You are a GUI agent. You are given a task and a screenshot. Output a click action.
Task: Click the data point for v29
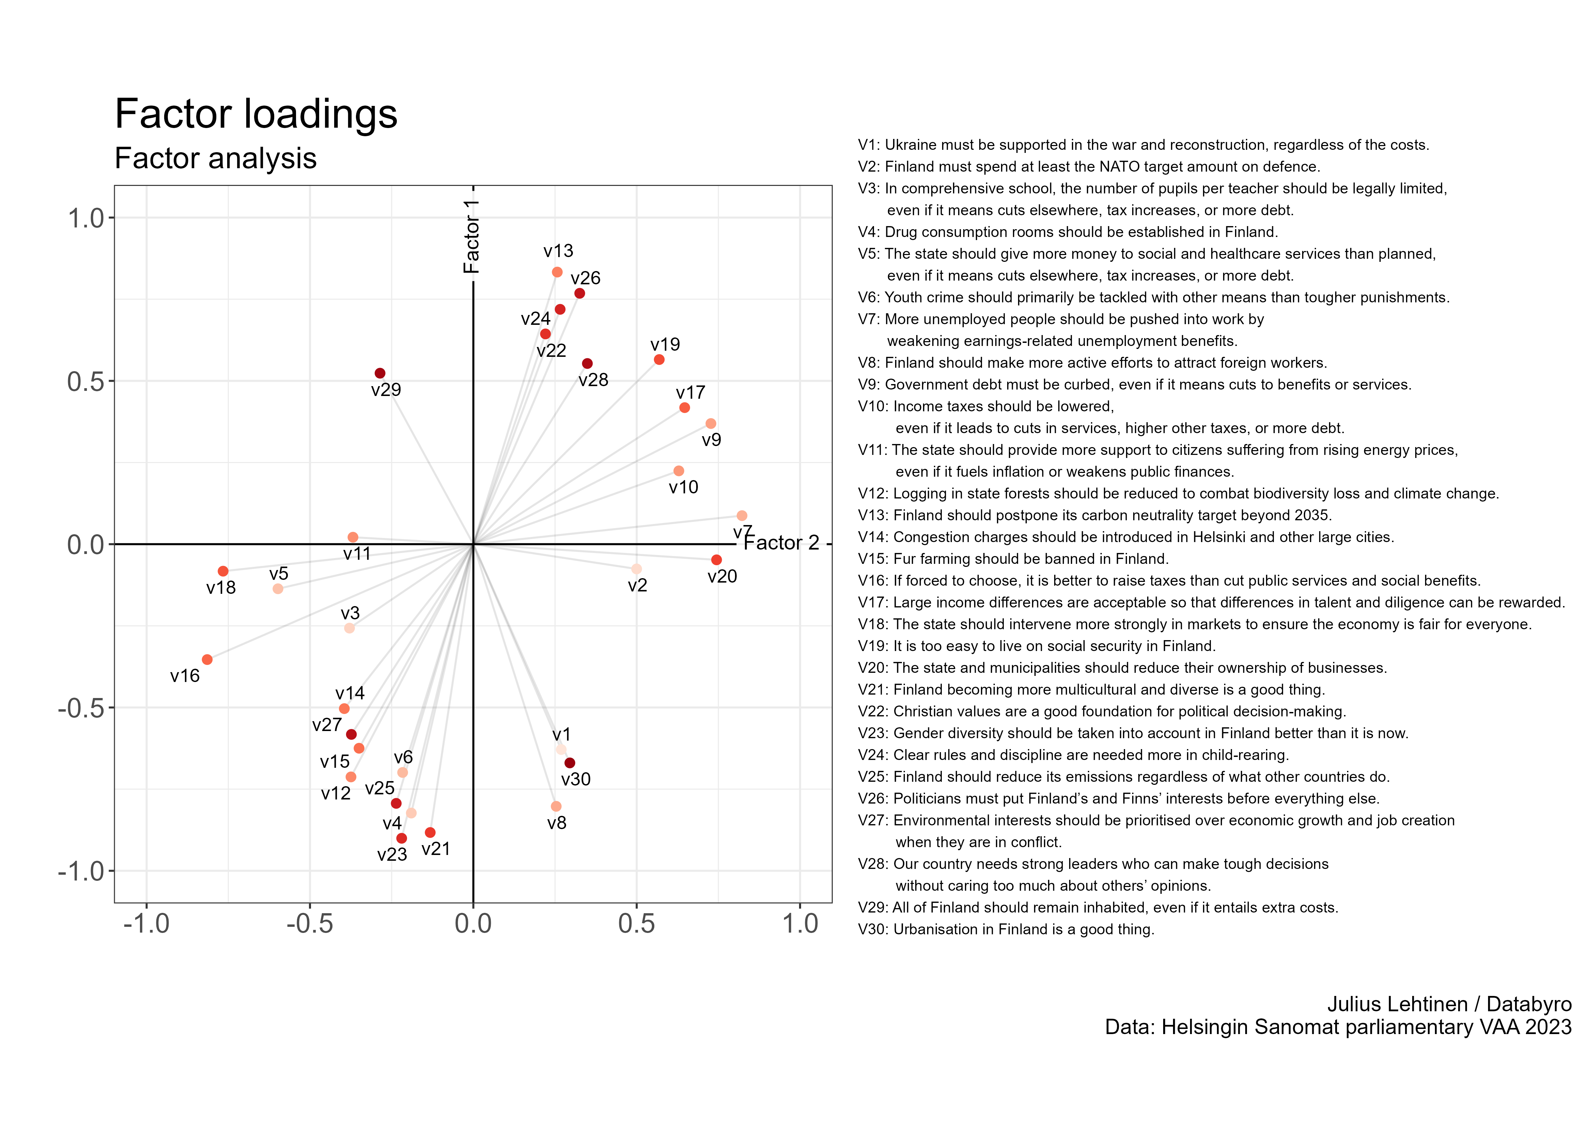click(x=379, y=373)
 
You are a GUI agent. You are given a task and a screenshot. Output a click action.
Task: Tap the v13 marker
click(x=557, y=272)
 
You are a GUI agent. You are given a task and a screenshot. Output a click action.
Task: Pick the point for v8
click(x=556, y=806)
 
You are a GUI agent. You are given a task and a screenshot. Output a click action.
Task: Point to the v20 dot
click(x=716, y=559)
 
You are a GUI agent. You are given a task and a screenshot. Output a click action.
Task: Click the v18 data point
click(x=223, y=571)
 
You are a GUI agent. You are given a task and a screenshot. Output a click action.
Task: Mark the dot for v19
click(x=659, y=359)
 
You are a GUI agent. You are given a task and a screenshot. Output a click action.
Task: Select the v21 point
click(x=430, y=832)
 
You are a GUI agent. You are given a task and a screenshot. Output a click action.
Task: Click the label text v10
click(x=683, y=487)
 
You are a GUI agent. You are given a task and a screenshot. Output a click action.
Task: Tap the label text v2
click(x=637, y=586)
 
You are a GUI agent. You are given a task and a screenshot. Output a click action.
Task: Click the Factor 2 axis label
click(x=781, y=542)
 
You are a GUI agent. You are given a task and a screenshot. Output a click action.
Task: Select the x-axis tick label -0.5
click(x=310, y=924)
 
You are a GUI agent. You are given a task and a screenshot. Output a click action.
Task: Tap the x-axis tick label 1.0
click(x=801, y=924)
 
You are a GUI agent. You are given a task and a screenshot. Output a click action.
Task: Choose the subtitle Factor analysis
click(x=216, y=158)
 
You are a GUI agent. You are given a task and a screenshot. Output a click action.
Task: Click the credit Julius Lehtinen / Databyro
click(x=1449, y=1004)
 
